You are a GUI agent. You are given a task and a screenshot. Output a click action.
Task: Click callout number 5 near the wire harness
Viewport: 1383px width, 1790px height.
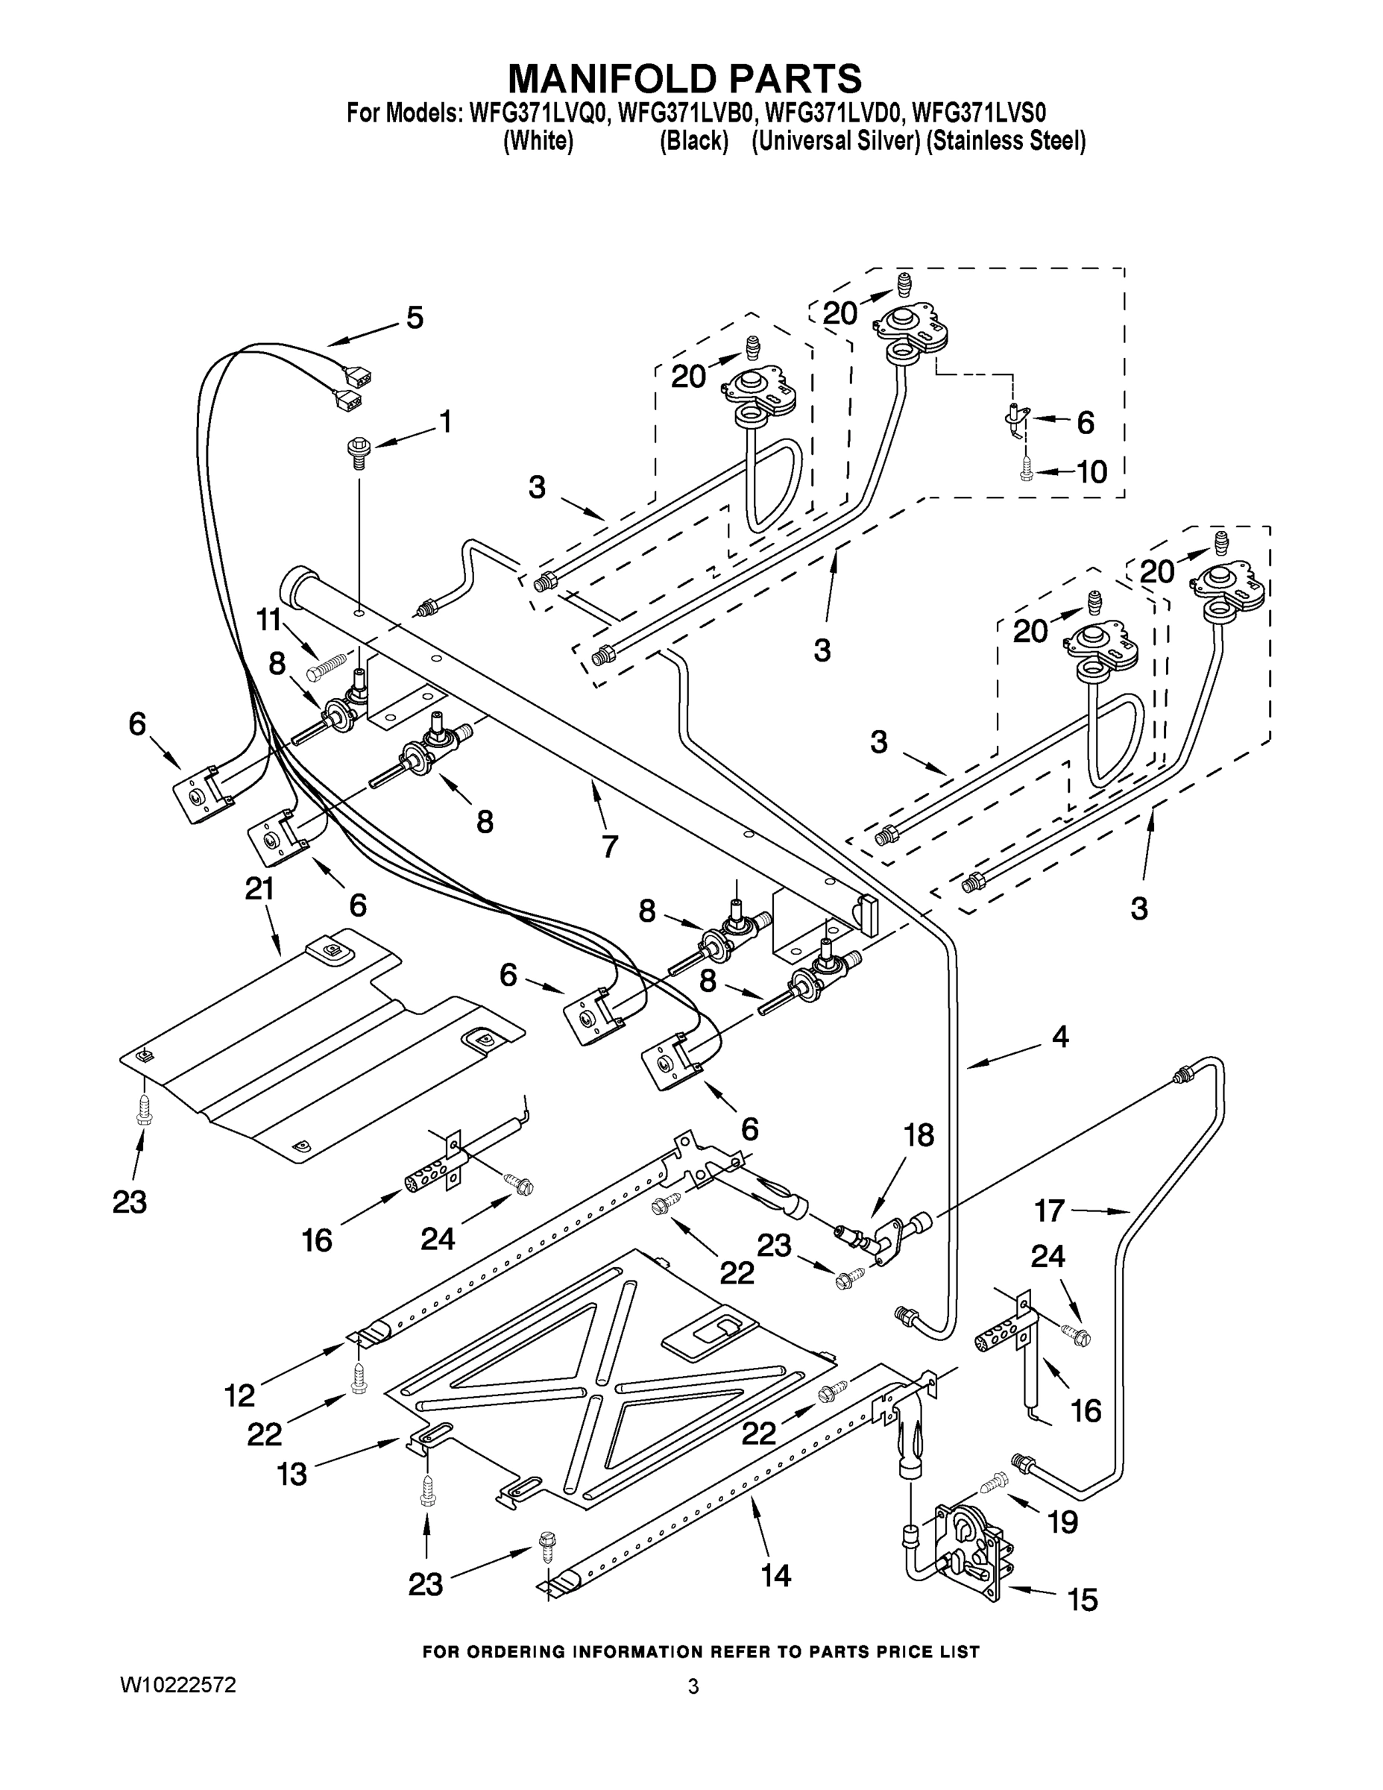[x=415, y=318]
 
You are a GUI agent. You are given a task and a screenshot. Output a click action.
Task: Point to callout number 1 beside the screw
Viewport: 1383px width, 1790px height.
[x=445, y=422]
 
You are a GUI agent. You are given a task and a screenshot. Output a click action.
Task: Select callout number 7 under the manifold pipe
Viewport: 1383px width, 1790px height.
[x=610, y=846]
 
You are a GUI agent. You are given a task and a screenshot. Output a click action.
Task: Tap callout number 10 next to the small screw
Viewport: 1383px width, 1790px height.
[x=1091, y=472]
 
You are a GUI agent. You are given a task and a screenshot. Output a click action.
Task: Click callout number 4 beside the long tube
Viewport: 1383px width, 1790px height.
[x=1059, y=1037]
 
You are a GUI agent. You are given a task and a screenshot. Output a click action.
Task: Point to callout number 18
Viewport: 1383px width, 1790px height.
[x=919, y=1135]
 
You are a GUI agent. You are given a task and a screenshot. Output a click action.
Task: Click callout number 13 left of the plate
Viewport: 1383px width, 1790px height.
[x=291, y=1475]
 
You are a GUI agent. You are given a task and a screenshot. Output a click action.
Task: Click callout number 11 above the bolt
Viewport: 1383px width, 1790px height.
[x=268, y=621]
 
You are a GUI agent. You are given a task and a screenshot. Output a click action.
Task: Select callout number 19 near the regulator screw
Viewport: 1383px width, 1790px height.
[x=1062, y=1522]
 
